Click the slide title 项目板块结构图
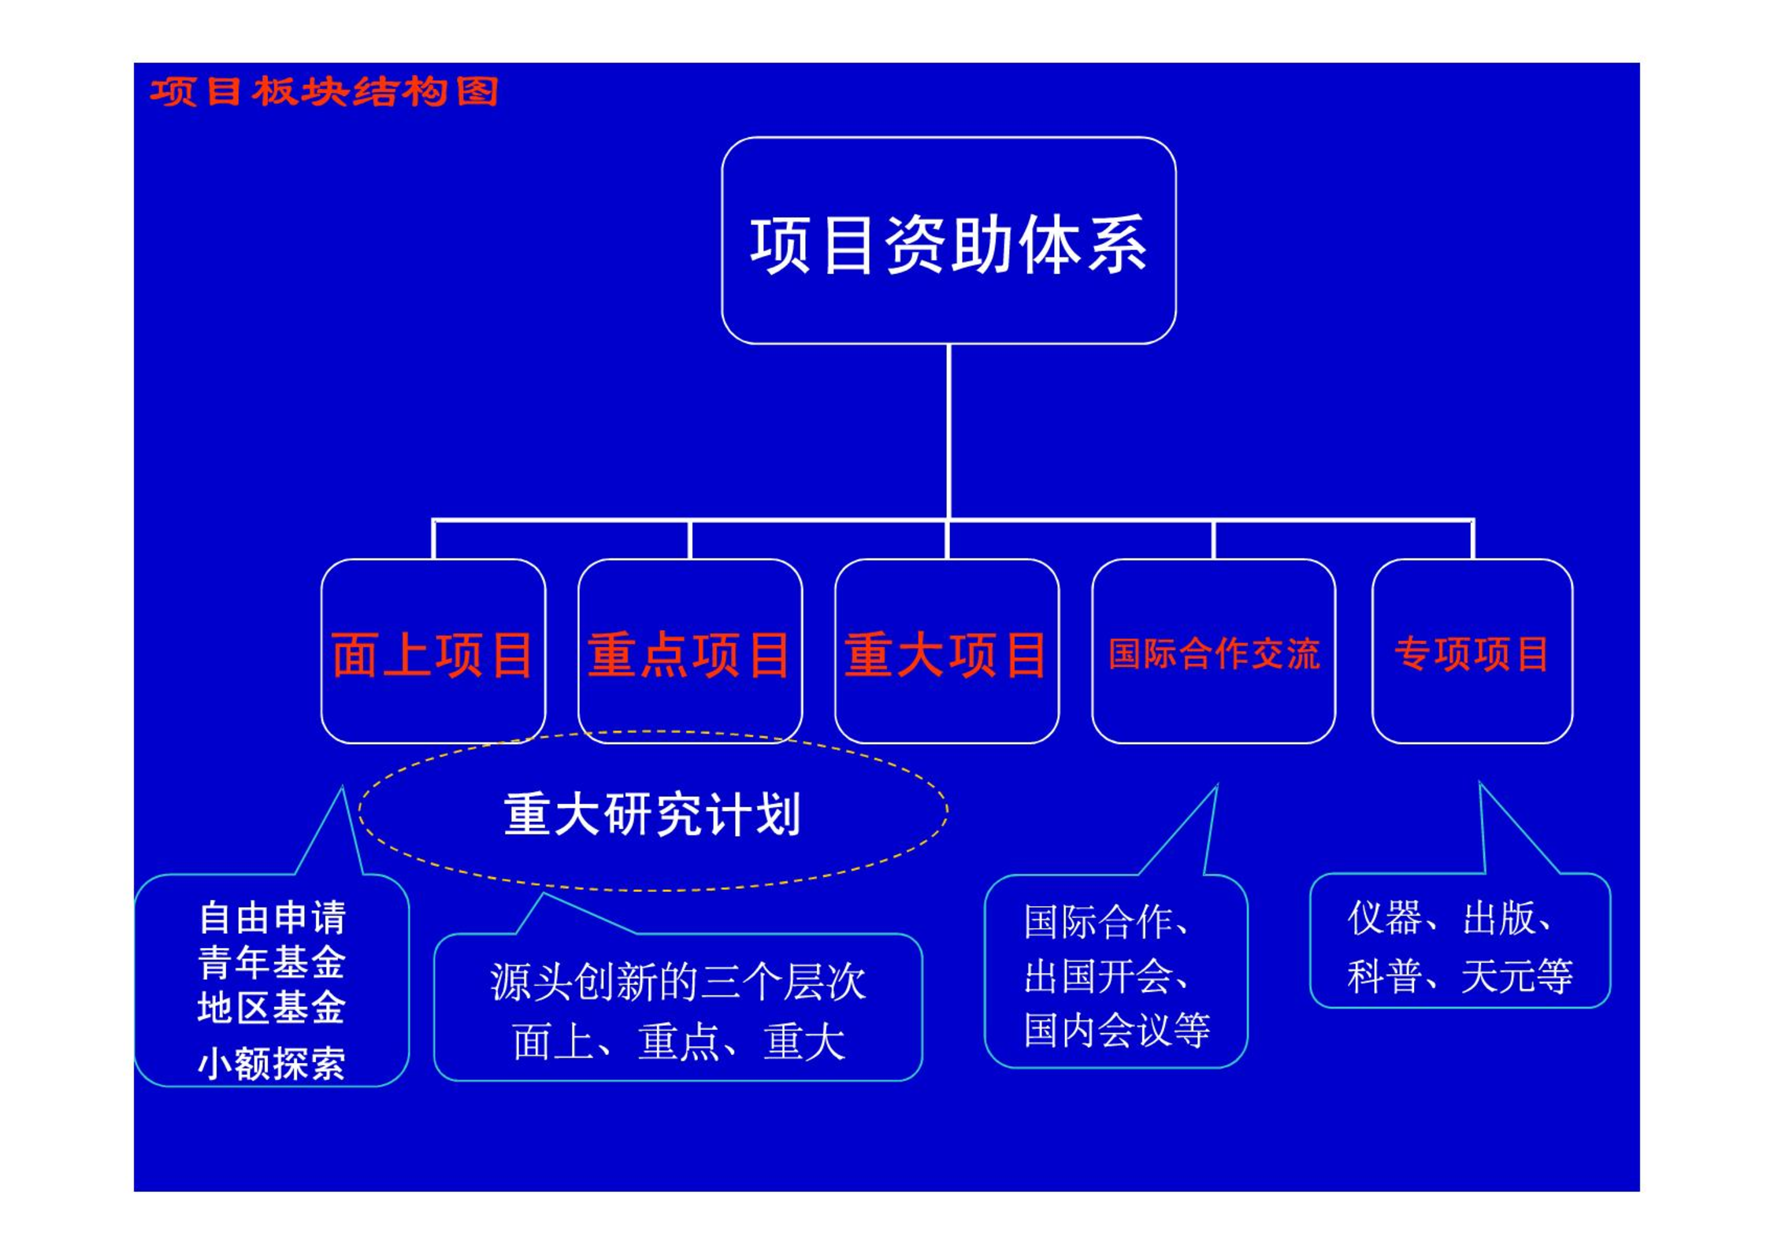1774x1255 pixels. [x=324, y=91]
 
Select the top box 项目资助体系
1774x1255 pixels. [x=948, y=241]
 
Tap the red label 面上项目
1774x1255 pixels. [x=432, y=655]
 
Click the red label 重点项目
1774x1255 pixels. [x=689, y=655]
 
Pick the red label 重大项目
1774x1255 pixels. [x=946, y=655]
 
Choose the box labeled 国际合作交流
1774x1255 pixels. [x=1213, y=651]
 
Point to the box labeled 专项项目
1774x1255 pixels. [x=1472, y=651]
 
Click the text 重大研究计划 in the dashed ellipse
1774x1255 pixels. [x=652, y=814]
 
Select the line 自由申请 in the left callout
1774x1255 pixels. [x=272, y=918]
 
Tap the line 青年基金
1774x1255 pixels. [x=272, y=962]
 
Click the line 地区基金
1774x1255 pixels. [x=272, y=1007]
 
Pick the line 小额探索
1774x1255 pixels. [x=272, y=1064]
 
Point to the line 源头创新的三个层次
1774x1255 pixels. [x=678, y=983]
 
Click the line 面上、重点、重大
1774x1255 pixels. [x=678, y=1042]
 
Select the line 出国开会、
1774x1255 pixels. [x=1106, y=976]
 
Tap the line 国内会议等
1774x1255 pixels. [x=1117, y=1030]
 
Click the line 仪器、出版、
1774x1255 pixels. [x=1450, y=918]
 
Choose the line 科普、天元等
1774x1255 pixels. [x=1460, y=976]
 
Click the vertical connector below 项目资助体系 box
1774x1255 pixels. [x=948, y=432]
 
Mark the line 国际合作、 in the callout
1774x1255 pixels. [x=1106, y=921]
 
